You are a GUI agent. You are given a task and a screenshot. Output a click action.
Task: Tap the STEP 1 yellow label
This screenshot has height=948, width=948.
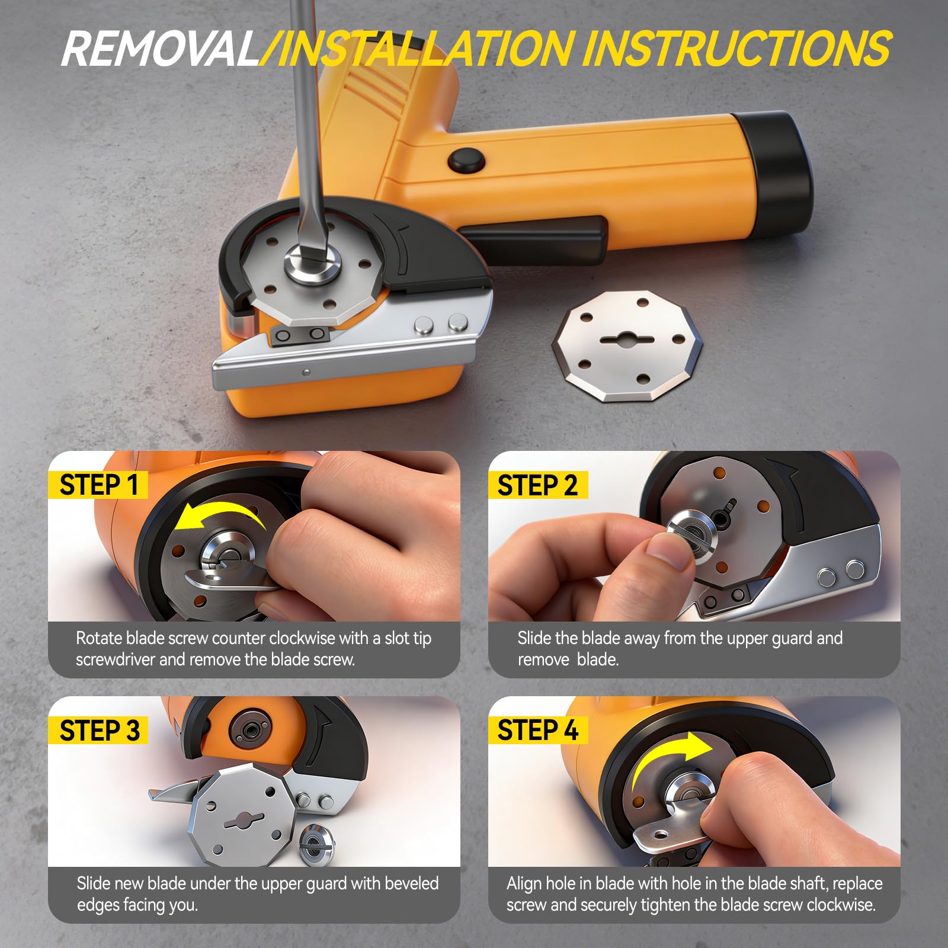coord(98,485)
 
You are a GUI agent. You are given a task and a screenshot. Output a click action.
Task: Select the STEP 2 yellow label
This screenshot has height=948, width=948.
coord(537,485)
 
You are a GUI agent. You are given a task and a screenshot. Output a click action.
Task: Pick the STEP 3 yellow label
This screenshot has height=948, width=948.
coord(99,730)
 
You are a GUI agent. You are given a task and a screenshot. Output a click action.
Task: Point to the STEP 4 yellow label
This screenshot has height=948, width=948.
coord(537,730)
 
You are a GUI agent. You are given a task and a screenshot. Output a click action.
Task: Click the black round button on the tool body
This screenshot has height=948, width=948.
coord(466,160)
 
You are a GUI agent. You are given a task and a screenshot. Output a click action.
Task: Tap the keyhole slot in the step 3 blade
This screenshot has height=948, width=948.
coord(244,821)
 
